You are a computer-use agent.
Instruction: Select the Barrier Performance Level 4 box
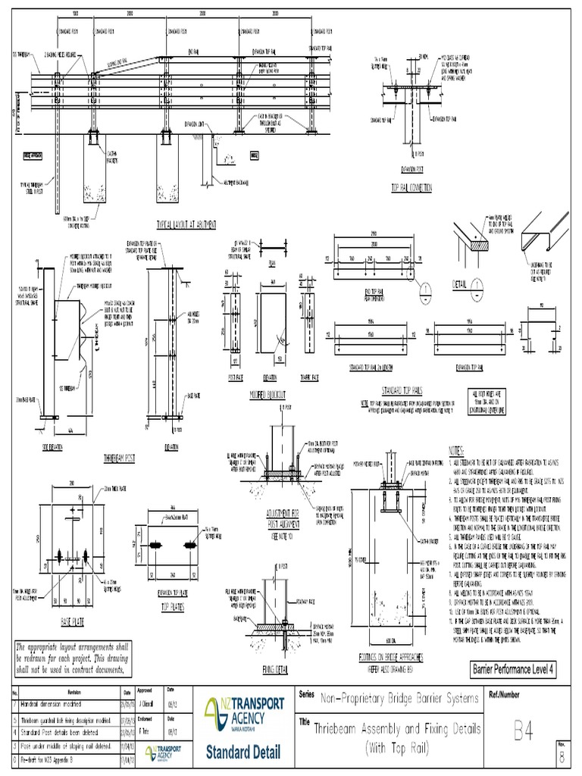coord(514,669)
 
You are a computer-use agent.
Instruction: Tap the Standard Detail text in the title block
coord(242,753)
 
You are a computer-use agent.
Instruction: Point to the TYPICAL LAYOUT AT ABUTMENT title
coord(185,225)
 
